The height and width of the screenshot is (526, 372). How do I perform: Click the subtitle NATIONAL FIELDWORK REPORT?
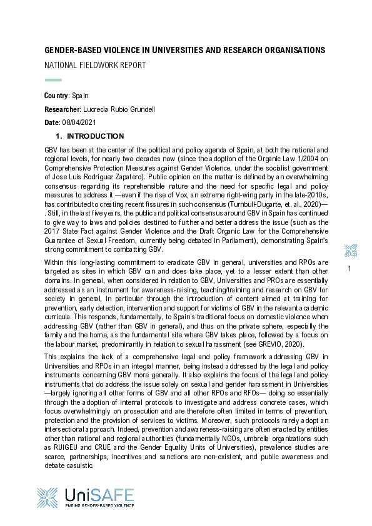point(94,65)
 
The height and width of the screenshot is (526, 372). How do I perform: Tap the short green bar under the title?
point(53,80)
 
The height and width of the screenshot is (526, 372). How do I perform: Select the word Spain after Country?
point(80,96)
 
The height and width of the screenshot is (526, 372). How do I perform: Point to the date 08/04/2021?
point(79,122)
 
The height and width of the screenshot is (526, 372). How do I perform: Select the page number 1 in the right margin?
point(349,269)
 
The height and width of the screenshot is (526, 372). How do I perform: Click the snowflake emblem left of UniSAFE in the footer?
point(49,498)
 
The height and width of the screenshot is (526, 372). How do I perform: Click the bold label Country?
point(56,96)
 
